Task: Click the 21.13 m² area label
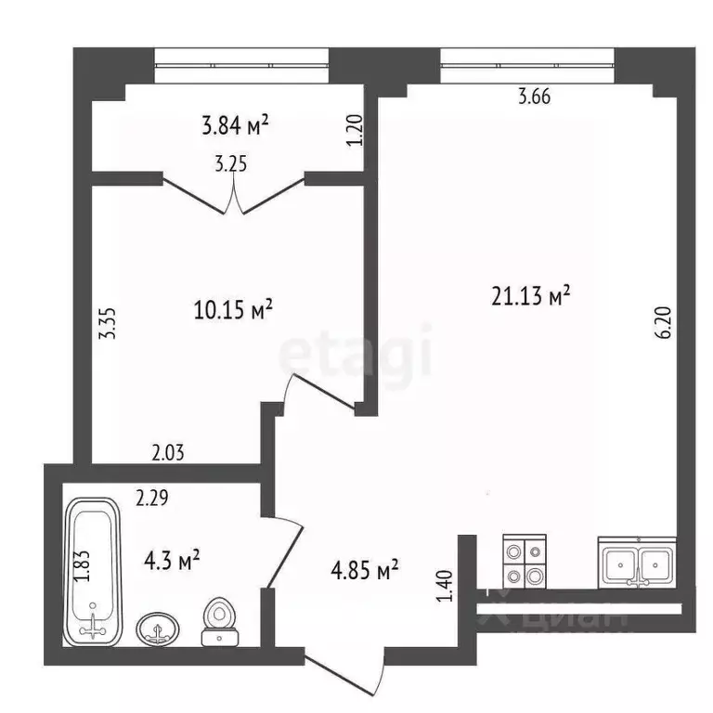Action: tap(530, 296)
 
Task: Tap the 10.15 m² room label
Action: tap(233, 310)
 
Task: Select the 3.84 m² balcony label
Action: tap(235, 125)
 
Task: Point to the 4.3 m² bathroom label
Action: tap(172, 560)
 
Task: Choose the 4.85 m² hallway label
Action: tap(365, 570)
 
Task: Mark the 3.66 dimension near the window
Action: tap(535, 97)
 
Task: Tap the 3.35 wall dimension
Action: tap(109, 324)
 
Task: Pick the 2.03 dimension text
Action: tap(168, 453)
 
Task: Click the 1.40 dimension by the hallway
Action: tap(445, 586)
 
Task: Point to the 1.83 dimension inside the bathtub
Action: tap(83, 565)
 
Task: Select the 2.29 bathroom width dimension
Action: tap(152, 498)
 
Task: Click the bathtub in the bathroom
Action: tap(93, 572)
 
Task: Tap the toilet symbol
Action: tap(220, 622)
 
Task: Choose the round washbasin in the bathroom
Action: tap(157, 629)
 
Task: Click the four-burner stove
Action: tap(525, 562)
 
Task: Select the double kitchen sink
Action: tap(637, 563)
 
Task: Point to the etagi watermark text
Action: tap(356, 350)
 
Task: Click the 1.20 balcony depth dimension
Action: tap(356, 130)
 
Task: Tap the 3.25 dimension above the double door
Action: tap(231, 164)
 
